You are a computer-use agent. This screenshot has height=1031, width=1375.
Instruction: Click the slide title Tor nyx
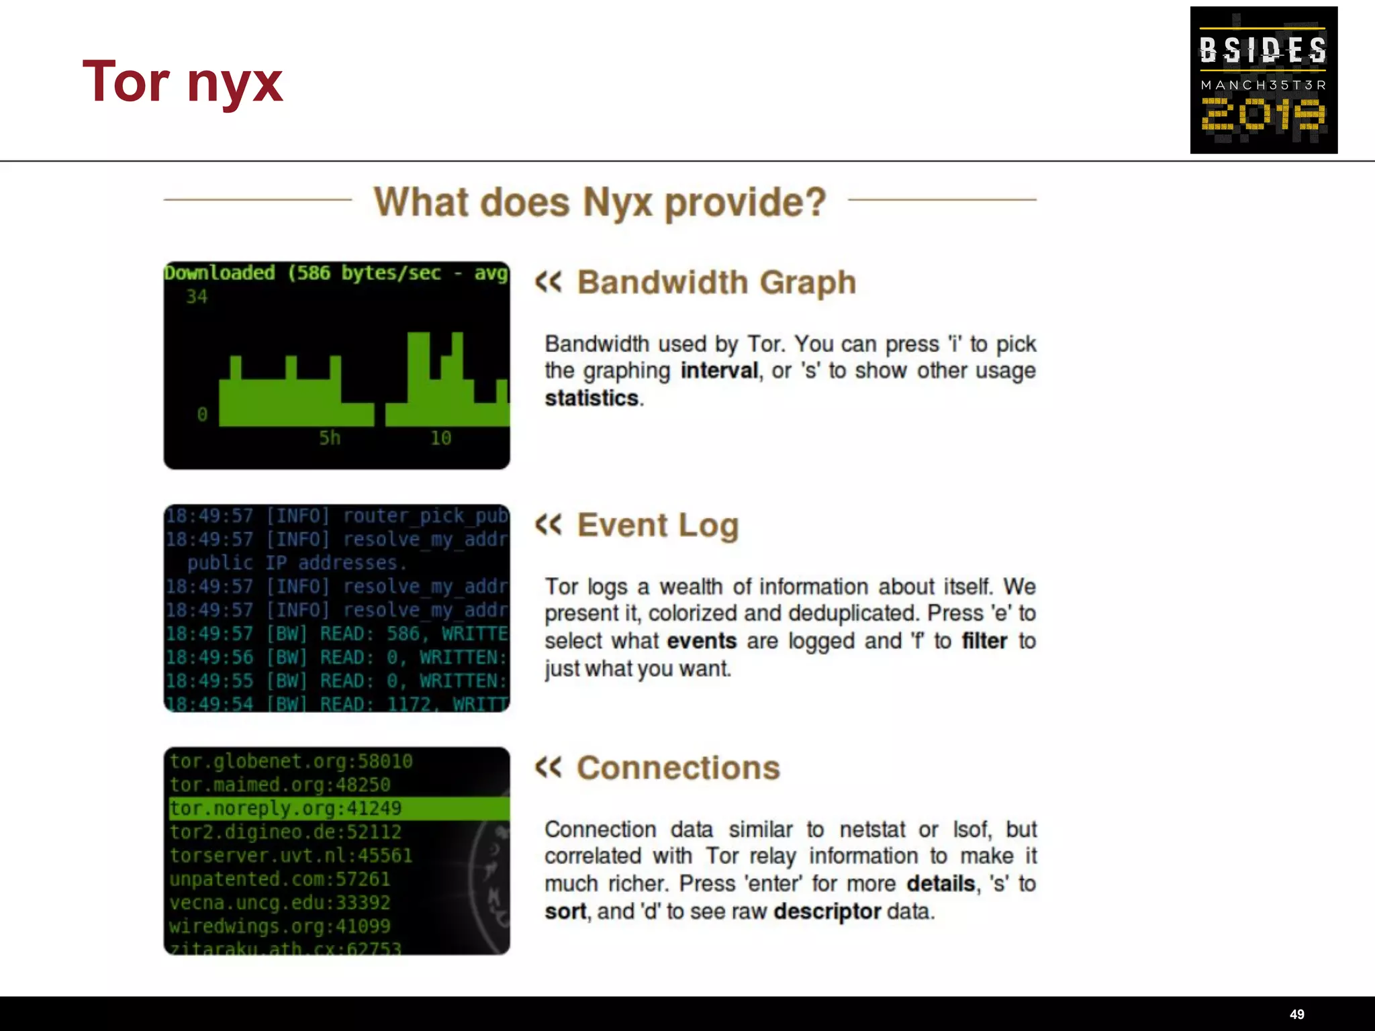pyautogui.click(x=183, y=83)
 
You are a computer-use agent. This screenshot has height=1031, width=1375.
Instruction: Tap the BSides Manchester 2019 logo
pyautogui.click(x=1263, y=80)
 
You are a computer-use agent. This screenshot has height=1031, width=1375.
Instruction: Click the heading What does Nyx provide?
pyautogui.click(x=600, y=201)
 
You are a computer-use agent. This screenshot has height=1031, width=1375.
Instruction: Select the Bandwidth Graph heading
pyautogui.click(x=716, y=282)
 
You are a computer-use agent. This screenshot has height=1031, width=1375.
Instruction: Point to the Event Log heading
pyautogui.click(x=657, y=525)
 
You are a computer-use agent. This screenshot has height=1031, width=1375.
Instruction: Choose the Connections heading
pyautogui.click(x=678, y=768)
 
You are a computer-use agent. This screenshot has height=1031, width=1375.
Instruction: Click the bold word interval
pyautogui.click(x=719, y=371)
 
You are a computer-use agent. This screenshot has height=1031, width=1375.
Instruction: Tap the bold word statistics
pyautogui.click(x=591, y=398)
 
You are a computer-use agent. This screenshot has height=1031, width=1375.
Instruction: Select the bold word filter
pyautogui.click(x=984, y=641)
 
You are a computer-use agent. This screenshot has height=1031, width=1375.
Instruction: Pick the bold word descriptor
pyautogui.click(x=826, y=912)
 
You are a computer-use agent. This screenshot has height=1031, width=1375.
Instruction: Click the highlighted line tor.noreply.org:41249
pyautogui.click(x=286, y=808)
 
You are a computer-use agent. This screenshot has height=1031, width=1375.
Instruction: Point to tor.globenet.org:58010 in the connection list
pyautogui.click(x=291, y=761)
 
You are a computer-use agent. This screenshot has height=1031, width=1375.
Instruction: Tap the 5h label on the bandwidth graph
pyautogui.click(x=330, y=438)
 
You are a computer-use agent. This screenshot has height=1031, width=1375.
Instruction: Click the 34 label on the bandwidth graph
pyautogui.click(x=197, y=297)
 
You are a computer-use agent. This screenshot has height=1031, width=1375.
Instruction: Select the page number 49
pyautogui.click(x=1296, y=1014)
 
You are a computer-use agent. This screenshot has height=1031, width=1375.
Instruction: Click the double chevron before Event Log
pyautogui.click(x=549, y=524)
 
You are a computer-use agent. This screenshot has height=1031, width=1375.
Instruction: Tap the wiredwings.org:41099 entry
pyautogui.click(x=279, y=926)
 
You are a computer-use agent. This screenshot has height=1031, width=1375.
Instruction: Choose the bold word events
pyautogui.click(x=702, y=641)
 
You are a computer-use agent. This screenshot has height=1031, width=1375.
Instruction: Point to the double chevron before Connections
pyautogui.click(x=549, y=767)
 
